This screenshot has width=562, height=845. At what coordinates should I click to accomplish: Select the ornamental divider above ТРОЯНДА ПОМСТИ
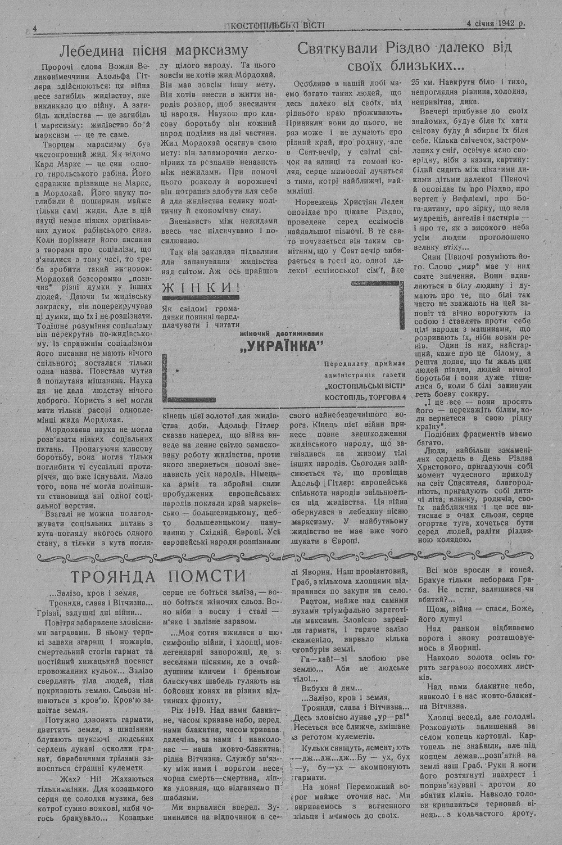281,557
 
